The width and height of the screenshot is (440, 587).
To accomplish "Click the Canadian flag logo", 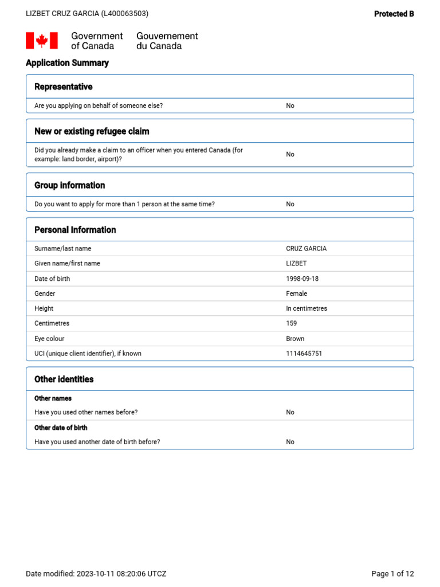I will point(42,41).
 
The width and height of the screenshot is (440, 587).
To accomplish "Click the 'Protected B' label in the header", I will point(394,14).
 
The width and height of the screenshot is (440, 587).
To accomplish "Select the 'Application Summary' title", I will point(67,63).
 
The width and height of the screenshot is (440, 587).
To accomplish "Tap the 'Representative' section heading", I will point(63,87).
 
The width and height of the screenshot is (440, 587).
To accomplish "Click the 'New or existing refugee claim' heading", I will point(92,131).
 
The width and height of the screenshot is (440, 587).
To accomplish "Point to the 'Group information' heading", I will point(69,185).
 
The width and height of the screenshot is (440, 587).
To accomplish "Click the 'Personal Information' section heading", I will point(75,230).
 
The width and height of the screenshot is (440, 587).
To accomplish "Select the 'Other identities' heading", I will point(64,379).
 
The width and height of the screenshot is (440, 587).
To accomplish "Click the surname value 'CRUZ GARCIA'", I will point(306,249).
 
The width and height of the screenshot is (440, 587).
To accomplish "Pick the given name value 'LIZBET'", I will point(296,264).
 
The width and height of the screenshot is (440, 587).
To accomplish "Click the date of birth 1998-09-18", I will point(302,279).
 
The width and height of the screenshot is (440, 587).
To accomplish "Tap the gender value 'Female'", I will point(296,293).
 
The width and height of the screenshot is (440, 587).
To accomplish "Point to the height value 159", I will point(292,323).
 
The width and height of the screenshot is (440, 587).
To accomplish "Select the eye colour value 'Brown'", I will point(295,339).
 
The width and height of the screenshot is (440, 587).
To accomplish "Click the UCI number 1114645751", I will point(304,354).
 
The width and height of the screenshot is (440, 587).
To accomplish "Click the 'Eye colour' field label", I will point(49,339).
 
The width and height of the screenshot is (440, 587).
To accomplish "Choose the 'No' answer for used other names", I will point(290,412).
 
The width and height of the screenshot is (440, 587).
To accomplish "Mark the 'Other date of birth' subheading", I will point(61,428).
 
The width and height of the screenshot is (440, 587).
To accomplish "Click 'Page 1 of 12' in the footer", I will point(392,574).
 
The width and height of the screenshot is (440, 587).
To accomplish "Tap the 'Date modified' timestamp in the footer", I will point(96,574).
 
